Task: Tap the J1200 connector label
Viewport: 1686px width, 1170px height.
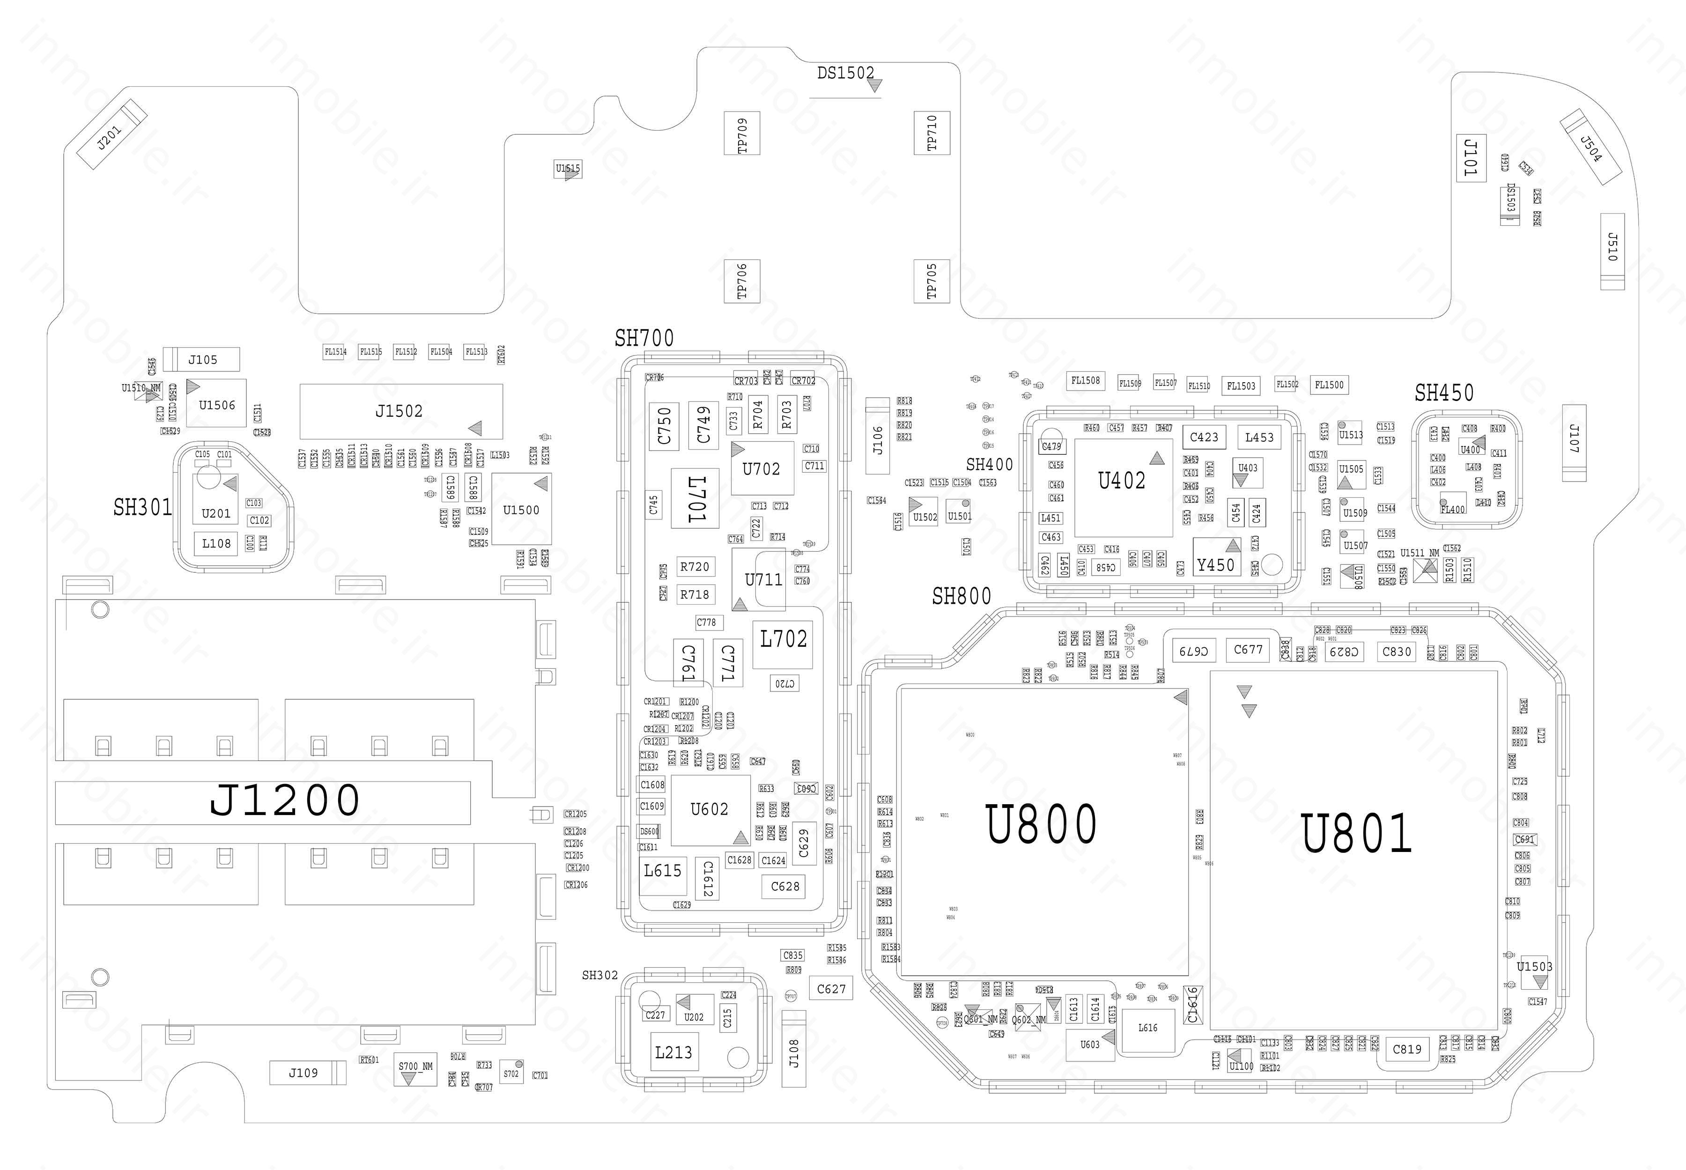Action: (x=284, y=800)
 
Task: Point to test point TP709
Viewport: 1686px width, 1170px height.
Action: (x=742, y=133)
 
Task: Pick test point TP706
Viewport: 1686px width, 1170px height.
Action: (x=742, y=281)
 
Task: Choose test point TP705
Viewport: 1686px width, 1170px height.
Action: (x=932, y=281)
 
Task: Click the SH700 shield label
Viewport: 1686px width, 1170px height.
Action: (x=643, y=339)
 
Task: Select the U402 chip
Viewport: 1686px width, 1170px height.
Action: (x=1121, y=481)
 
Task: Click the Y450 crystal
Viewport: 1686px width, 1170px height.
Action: (x=1215, y=564)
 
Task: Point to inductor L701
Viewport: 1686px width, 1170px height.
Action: (x=695, y=498)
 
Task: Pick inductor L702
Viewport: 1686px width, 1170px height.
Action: (x=783, y=639)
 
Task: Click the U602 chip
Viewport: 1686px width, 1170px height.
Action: (x=710, y=809)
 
